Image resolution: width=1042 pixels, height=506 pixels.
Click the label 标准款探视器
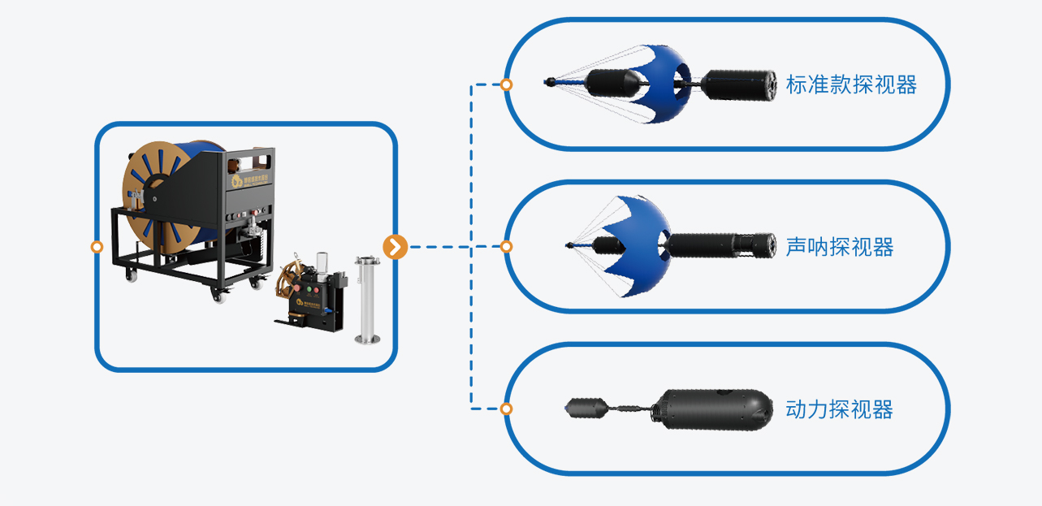[x=850, y=84]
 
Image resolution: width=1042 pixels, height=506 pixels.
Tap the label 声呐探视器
[x=839, y=247]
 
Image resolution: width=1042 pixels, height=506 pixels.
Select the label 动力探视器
[x=839, y=409]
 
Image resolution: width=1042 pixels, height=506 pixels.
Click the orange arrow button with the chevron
[x=395, y=246]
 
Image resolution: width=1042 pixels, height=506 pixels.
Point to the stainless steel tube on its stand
[x=367, y=299]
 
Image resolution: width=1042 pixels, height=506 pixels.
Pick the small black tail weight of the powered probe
[x=583, y=409]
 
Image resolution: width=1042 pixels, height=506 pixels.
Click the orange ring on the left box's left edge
[x=97, y=246]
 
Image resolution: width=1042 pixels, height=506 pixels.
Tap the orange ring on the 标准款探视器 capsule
[x=506, y=84]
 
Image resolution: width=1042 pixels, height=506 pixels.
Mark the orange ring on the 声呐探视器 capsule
[x=506, y=246]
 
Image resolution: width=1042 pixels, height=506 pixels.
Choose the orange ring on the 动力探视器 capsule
[x=506, y=409]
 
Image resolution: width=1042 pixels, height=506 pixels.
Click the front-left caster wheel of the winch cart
[x=130, y=275]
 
